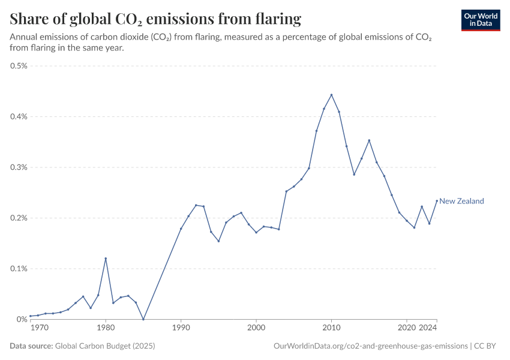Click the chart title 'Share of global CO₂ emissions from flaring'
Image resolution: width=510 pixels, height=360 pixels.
(155, 19)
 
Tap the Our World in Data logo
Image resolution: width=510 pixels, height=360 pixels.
(481, 20)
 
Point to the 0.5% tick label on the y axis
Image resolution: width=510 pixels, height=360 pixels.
(19, 66)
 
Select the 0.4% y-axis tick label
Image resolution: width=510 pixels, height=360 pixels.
(19, 116)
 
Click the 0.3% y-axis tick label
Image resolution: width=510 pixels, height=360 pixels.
(19, 167)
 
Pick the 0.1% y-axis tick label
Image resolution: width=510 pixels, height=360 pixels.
(19, 269)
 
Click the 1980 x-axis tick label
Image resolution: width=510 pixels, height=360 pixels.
(106, 328)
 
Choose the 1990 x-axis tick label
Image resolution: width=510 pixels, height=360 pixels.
(181, 328)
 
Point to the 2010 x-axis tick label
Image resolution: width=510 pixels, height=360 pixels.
(331, 328)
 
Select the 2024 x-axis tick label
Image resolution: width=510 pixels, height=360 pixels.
(428, 328)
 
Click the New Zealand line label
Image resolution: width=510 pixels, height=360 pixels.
(461, 201)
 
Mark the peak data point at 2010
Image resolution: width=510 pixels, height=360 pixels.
(331, 95)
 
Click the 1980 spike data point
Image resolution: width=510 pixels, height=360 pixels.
(106, 259)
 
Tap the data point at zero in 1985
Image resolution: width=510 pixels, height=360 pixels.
(143, 319)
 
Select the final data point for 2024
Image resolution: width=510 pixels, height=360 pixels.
(437, 201)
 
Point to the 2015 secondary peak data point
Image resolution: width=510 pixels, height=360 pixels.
(369, 140)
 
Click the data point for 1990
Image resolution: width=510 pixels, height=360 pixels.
(181, 229)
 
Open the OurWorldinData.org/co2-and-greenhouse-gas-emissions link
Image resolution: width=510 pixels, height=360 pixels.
(370, 346)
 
